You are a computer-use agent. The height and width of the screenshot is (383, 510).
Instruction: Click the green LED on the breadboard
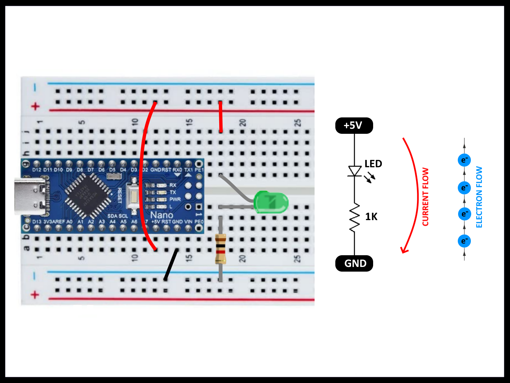[271, 202]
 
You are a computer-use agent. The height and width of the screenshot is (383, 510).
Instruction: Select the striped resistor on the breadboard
[220, 249]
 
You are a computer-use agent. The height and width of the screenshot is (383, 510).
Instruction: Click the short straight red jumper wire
[221, 117]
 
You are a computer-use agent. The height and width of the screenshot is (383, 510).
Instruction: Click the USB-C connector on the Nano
[30, 196]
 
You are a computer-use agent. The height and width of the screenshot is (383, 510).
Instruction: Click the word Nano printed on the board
[162, 215]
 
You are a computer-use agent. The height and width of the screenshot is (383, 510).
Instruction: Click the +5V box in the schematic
[354, 125]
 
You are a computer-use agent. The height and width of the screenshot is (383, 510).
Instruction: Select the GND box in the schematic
[354, 263]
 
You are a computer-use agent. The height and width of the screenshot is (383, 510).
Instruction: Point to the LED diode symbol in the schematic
[354, 171]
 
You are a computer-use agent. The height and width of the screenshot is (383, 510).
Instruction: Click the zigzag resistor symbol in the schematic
[354, 217]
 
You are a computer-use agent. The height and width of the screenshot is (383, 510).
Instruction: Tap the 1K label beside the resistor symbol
[371, 217]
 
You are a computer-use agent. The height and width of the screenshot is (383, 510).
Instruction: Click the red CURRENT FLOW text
[425, 197]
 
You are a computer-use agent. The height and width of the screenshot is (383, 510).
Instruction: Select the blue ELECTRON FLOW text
[479, 197]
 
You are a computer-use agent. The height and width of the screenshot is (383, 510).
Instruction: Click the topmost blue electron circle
[464, 160]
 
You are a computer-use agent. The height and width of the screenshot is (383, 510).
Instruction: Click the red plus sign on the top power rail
[35, 107]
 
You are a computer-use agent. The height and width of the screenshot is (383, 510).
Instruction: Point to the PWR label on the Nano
[175, 199]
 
